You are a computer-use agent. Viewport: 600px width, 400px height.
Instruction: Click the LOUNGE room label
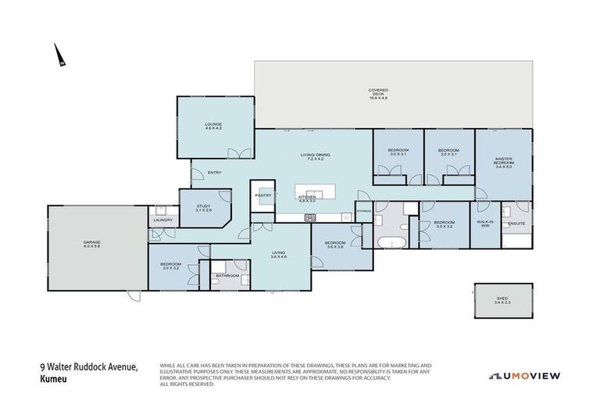pyautogui.click(x=214, y=127)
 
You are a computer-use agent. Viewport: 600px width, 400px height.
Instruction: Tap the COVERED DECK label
pyautogui.click(x=378, y=94)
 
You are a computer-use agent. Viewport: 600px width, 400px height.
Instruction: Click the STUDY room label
pyautogui.click(x=203, y=207)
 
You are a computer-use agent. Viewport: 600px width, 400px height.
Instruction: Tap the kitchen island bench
pyautogui.click(x=315, y=195)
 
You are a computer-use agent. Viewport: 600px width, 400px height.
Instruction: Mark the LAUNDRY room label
pyautogui.click(x=162, y=220)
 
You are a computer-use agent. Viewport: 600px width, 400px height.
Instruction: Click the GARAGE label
pyautogui.click(x=92, y=244)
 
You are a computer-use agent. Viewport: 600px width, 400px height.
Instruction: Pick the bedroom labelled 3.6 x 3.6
pyautogui.click(x=335, y=245)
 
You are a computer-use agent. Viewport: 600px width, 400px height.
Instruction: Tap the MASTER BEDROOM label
pyautogui.click(x=503, y=163)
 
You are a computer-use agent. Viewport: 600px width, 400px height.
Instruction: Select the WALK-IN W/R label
pyautogui.click(x=484, y=224)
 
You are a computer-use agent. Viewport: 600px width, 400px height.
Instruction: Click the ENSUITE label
pyautogui.click(x=516, y=223)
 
